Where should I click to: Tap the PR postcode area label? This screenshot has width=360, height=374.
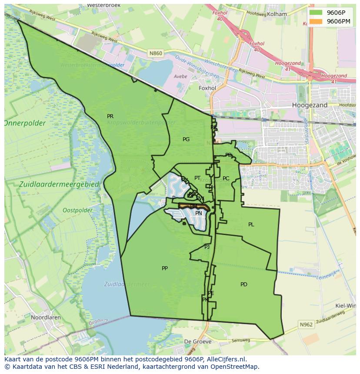point(110,116)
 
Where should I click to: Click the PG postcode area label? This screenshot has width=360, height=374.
point(186,139)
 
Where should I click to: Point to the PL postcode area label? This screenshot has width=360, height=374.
point(251,225)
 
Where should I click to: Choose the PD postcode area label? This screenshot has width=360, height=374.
point(244,285)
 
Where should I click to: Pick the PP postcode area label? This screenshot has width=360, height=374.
point(165,268)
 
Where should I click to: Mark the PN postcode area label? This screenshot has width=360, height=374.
point(199,213)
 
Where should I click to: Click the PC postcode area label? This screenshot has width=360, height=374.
point(226,179)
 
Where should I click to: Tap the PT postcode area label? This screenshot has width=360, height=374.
point(197,178)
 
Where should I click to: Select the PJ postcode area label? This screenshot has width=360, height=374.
point(207,247)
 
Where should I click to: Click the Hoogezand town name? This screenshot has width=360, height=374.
point(310,106)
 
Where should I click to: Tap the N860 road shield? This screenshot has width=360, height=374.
point(155,53)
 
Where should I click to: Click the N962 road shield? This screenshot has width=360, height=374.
point(306,324)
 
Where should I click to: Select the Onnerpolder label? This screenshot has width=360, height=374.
point(25,123)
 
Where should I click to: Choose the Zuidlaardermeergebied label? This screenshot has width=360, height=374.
point(60,185)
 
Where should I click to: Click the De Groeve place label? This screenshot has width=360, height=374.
point(198,341)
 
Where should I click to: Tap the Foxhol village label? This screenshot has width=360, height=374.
point(207,88)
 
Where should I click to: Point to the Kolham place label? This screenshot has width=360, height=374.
point(277,14)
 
